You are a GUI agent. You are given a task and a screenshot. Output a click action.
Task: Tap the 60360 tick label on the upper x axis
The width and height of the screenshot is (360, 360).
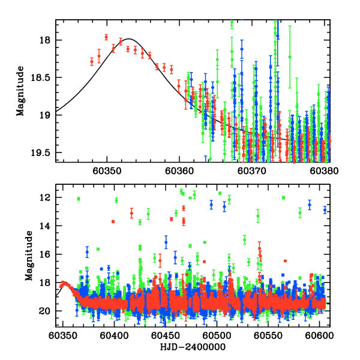tap(179, 170)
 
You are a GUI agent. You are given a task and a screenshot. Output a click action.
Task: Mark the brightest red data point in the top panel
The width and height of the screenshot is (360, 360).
tap(106, 37)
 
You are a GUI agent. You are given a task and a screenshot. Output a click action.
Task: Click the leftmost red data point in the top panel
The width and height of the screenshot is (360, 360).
tap(92, 61)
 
